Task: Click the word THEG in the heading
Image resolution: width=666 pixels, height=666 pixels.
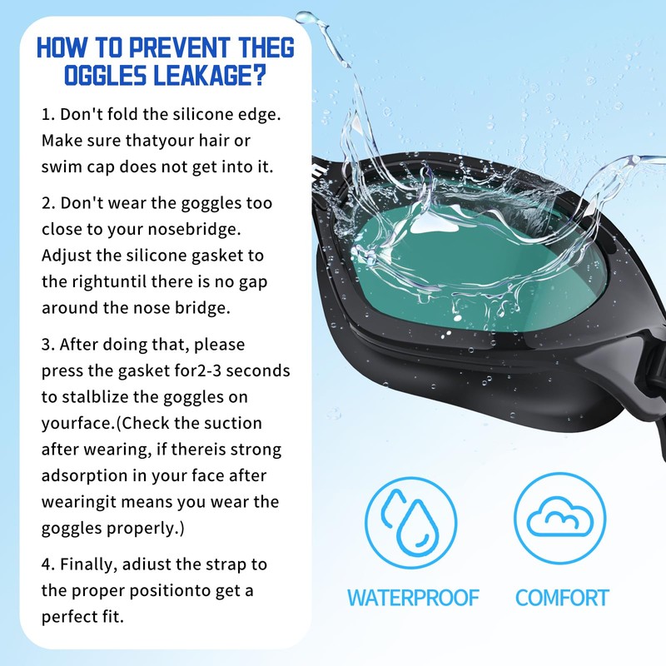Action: pos(265,47)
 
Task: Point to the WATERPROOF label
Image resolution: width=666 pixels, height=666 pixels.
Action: pos(413,598)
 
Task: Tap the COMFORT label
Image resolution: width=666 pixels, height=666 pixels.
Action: pos(562,598)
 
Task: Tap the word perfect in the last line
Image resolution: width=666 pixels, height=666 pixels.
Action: pos(71,618)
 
